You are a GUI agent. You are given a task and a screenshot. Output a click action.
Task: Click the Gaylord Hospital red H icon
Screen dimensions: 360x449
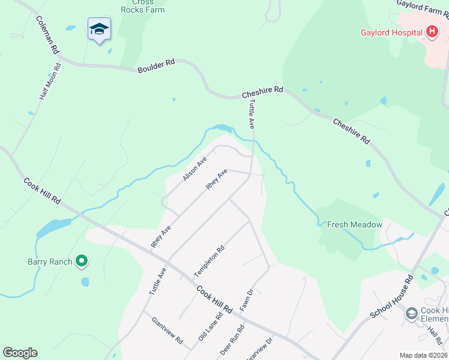click(432, 32)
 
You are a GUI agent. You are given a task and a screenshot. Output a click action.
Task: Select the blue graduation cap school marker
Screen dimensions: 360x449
click(99, 29)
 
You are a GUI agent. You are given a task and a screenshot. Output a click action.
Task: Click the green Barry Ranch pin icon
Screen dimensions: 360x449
click(82, 261)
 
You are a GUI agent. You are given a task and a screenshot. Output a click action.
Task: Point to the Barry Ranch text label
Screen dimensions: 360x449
click(50, 262)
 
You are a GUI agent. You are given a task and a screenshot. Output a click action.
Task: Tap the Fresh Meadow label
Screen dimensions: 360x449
click(354, 224)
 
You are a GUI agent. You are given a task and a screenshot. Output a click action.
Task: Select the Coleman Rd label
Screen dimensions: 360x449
click(47, 34)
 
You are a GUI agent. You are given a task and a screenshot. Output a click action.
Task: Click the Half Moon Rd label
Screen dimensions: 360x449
click(50, 82)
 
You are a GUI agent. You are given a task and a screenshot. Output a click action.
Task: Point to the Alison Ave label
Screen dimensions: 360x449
click(194, 169)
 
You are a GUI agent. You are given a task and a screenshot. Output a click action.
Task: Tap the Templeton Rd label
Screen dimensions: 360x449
click(209, 261)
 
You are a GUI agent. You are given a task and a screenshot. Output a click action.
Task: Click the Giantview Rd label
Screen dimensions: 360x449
click(167, 331)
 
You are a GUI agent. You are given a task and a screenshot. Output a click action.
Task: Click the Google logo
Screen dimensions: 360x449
click(20, 353)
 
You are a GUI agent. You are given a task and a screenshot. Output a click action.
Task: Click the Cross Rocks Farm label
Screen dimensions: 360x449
click(142, 6)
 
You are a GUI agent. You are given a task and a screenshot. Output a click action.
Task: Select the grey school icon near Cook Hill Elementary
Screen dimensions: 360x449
click(411, 313)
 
